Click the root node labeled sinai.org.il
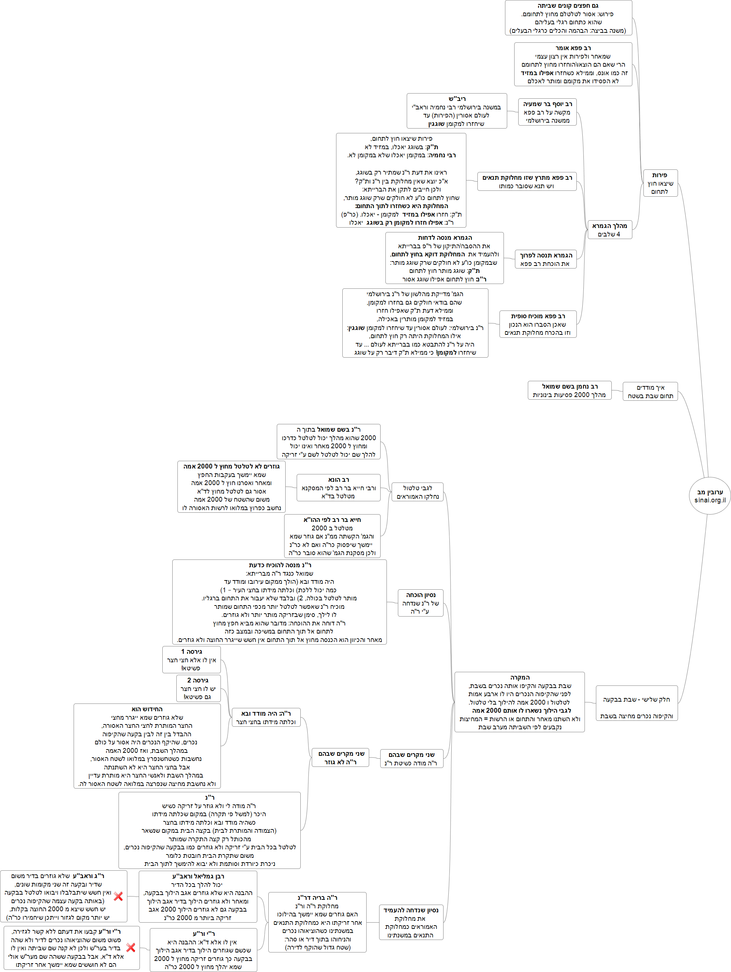click(710, 496)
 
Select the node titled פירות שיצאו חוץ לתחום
click(660, 183)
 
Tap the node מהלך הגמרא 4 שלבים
click(610, 230)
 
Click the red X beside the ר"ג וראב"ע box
click(118, 896)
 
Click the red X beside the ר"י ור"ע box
click(130, 947)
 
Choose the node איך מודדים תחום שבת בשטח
click(650, 392)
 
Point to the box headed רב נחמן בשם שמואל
click(569, 390)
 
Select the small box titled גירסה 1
click(191, 660)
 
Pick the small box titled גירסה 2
click(198, 688)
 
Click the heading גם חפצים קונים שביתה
click(568, 6)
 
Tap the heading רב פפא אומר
click(573, 48)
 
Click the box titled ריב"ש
click(457, 111)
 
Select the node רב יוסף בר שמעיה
click(547, 112)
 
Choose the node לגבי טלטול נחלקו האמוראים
click(417, 492)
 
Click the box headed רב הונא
click(339, 488)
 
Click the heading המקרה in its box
click(520, 678)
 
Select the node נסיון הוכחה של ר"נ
click(421, 603)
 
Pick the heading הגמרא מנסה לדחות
click(444, 238)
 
